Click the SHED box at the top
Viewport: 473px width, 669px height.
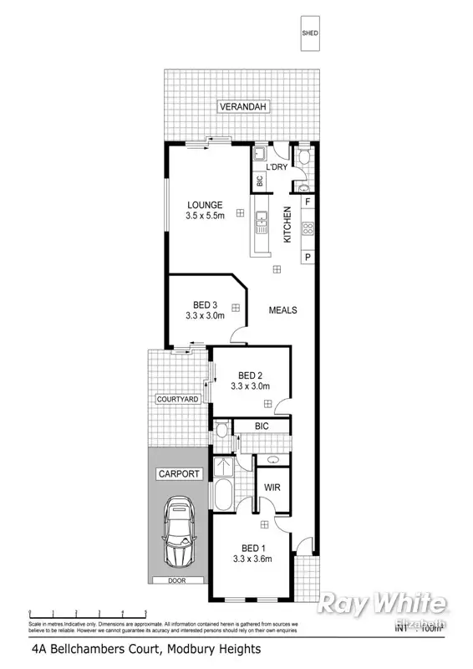tap(310, 33)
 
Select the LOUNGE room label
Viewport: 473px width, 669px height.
tap(204, 205)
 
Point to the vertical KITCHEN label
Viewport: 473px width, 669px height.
tap(287, 225)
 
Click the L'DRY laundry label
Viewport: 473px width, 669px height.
tap(277, 167)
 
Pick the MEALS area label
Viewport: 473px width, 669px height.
tap(282, 310)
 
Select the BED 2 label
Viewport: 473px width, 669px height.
tap(251, 375)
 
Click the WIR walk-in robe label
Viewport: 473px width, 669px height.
tap(272, 487)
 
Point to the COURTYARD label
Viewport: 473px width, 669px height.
tap(177, 400)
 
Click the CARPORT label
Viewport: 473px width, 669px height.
tap(179, 474)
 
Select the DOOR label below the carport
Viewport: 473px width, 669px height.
tap(177, 580)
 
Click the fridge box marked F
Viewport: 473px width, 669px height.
tap(308, 202)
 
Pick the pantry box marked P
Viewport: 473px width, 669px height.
tap(308, 257)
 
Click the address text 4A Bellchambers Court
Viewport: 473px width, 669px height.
tap(145, 648)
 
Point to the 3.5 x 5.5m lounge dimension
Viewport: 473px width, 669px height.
tap(204, 217)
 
